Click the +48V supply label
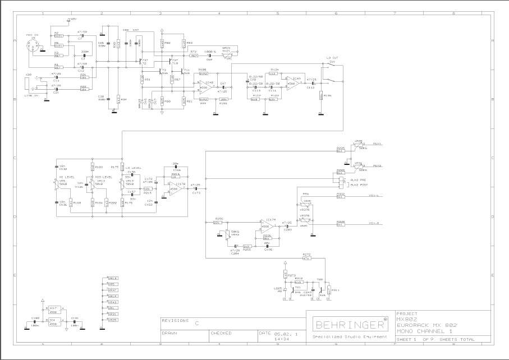[72, 19]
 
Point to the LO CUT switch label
[332, 57]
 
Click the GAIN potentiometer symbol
[227, 54]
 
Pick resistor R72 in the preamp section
[194, 56]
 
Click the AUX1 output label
[376, 144]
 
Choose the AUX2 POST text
[360, 184]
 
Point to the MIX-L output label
[374, 196]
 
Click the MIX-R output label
[374, 223]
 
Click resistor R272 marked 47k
[306, 258]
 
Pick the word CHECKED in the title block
[221, 333]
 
